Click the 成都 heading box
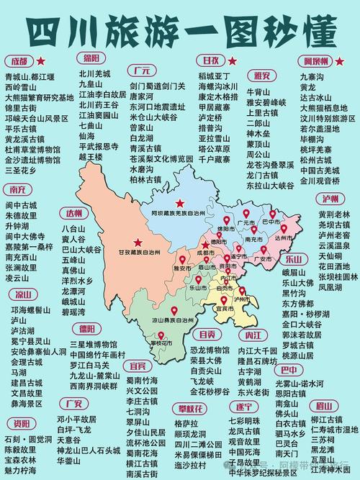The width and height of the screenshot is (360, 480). (x=19, y=60)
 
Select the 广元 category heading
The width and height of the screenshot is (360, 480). (x=140, y=71)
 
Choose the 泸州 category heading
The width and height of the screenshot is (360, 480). (x=331, y=199)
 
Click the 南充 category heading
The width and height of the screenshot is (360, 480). (x=19, y=190)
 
